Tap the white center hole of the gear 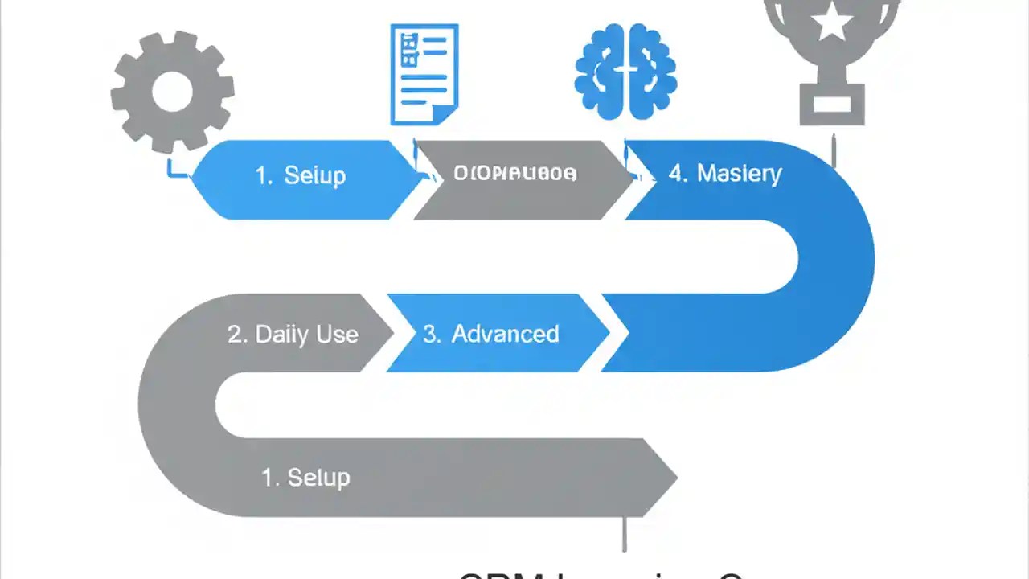pyautogui.click(x=172, y=91)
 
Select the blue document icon pyautogui.click(x=424, y=74)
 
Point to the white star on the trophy pyautogui.click(x=832, y=25)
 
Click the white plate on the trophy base pyautogui.click(x=831, y=104)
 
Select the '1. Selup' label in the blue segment pyautogui.click(x=300, y=176)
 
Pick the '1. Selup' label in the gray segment pyautogui.click(x=305, y=477)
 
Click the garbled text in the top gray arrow pyautogui.click(x=514, y=173)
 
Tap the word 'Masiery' pyautogui.click(x=739, y=174)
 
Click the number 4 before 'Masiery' pyautogui.click(x=677, y=174)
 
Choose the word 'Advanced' pyautogui.click(x=505, y=334)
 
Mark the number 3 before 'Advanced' pyautogui.click(x=431, y=335)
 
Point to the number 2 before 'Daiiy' pyautogui.click(x=236, y=335)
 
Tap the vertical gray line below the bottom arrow pyautogui.click(x=625, y=535)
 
